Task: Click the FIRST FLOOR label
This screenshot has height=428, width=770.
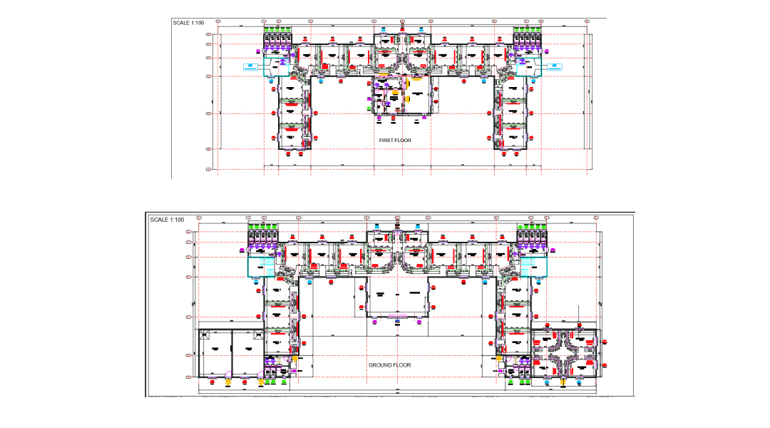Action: point(395,141)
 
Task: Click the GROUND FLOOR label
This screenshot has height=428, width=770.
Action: point(389,365)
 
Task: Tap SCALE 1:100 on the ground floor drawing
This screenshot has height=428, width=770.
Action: point(167,220)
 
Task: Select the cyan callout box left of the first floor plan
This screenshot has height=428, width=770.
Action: point(250,66)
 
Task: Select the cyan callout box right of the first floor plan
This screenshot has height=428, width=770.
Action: point(554,66)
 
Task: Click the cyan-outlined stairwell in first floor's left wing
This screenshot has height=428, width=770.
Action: point(275,66)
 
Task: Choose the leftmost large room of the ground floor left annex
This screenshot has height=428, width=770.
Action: point(215,351)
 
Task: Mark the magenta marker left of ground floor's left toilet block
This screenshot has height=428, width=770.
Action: point(242,250)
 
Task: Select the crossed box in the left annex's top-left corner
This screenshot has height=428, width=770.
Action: point(204,333)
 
